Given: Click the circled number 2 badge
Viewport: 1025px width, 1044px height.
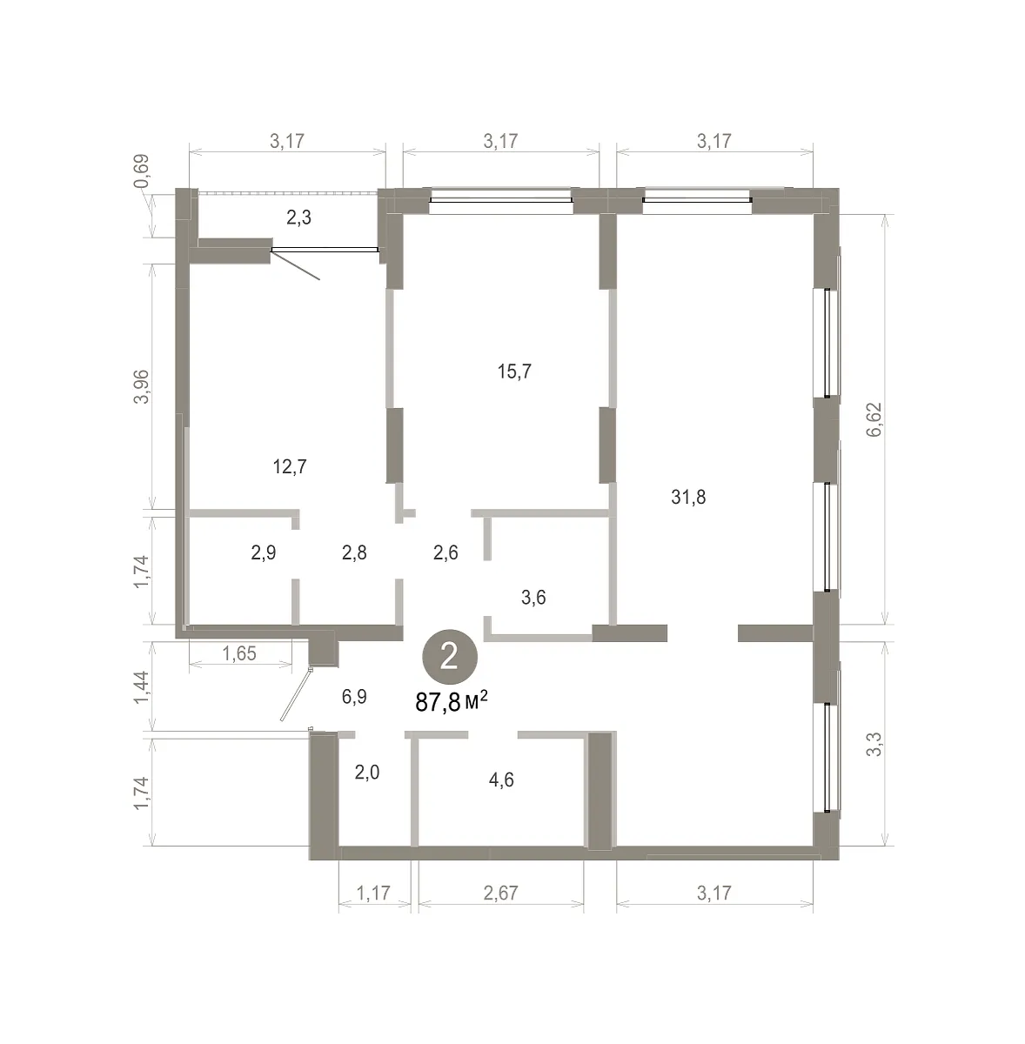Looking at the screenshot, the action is click(x=449, y=657).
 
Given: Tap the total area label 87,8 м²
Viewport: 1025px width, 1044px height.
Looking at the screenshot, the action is click(x=451, y=703).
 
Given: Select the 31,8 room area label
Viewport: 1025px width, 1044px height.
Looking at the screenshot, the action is click(x=688, y=497).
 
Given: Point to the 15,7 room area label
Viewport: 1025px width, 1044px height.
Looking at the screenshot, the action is click(x=514, y=371).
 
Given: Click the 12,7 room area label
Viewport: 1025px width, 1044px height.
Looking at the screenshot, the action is click(x=290, y=466).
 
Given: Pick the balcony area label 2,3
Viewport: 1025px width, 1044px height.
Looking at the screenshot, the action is click(x=298, y=217).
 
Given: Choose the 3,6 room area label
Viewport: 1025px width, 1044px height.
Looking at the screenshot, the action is click(x=533, y=598).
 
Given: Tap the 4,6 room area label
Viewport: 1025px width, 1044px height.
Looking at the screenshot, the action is click(x=501, y=780).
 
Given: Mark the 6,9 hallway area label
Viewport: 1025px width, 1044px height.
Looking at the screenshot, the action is click(x=354, y=697).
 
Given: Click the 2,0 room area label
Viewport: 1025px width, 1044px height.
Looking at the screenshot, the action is click(x=367, y=773).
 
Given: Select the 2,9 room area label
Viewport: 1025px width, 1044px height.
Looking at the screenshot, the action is click(x=264, y=552).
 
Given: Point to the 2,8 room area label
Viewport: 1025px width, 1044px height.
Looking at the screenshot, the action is click(x=354, y=552).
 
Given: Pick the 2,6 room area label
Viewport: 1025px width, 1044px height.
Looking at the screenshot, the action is click(x=446, y=552).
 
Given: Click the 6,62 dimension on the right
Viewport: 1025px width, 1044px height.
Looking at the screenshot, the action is click(x=874, y=420).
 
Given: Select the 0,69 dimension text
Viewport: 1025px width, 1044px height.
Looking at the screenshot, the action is click(x=142, y=171).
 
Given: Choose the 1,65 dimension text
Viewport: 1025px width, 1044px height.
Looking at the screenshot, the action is click(x=239, y=654).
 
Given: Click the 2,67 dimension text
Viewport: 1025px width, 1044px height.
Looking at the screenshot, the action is click(x=501, y=893).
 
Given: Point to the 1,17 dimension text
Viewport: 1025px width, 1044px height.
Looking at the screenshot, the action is click(x=373, y=893).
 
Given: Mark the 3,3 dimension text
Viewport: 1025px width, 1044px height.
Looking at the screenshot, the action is click(x=874, y=745).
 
